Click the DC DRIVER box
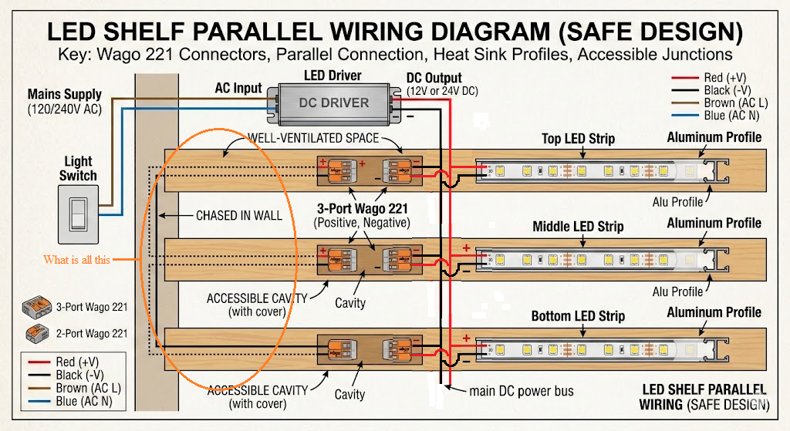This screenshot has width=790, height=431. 333,102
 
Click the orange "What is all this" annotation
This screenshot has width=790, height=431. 76,260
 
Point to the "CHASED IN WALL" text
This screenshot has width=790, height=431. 238,215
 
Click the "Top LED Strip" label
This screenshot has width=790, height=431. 578,139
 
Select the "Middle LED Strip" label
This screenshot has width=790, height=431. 578,227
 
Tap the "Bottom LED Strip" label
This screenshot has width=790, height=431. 578,316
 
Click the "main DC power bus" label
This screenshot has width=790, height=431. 522,391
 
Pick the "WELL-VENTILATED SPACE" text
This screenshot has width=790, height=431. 313,138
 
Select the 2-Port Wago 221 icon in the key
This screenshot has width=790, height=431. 35,333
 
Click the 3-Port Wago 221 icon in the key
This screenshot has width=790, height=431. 35,307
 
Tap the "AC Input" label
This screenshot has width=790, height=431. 238,88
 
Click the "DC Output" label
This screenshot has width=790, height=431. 434,78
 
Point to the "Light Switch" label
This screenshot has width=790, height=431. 78,168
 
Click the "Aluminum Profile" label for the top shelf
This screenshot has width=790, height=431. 714,137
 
